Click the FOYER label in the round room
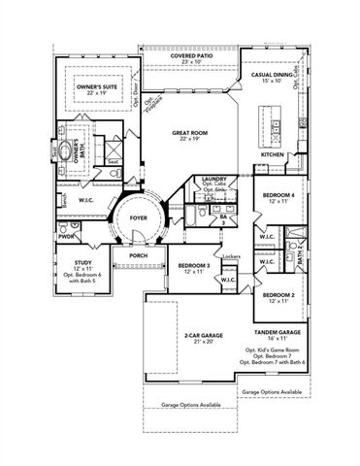(139, 219)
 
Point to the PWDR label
(66, 235)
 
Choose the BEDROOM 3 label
(194, 265)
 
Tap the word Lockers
(230, 256)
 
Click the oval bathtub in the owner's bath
(69, 152)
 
